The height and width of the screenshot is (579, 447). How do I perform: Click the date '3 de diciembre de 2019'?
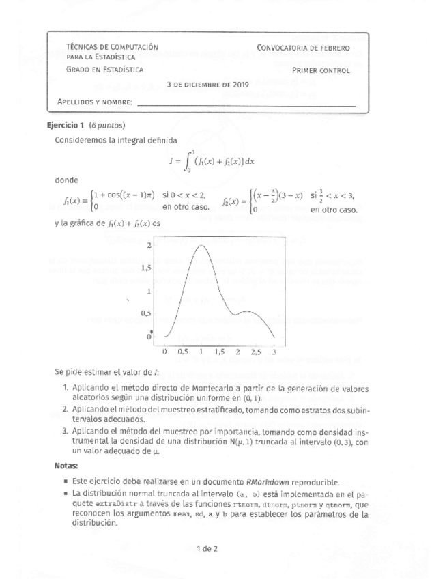tap(208, 85)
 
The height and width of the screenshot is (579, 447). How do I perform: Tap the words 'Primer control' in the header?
tap(321, 70)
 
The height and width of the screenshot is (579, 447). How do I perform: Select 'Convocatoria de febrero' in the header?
tap(304, 48)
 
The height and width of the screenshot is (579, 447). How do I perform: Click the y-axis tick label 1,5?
tap(145, 268)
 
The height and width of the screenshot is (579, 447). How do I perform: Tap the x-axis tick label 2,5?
tap(255, 352)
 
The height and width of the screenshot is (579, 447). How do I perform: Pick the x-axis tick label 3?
tap(274, 352)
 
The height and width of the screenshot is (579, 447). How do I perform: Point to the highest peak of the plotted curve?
tap(201, 244)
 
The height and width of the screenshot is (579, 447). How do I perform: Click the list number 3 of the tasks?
tap(64, 431)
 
